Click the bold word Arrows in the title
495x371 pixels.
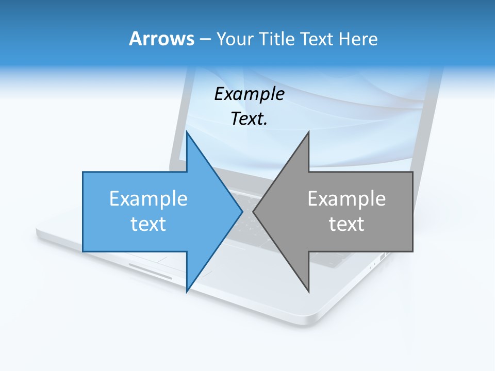pyautogui.click(x=161, y=39)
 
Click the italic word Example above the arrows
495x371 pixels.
pyautogui.click(x=249, y=94)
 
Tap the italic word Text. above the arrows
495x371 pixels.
pyautogui.click(x=249, y=119)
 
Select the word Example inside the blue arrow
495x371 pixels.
pyautogui.click(x=148, y=198)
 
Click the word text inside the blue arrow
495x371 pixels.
pyautogui.click(x=148, y=224)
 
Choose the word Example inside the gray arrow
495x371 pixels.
pyautogui.click(x=346, y=198)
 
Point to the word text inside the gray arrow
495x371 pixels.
pyautogui.click(x=346, y=224)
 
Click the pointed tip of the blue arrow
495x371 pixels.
pyautogui.click(x=242, y=211)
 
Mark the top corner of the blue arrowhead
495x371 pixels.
pyautogui.click(x=187, y=132)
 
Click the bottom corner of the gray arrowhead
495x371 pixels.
pyautogui.click(x=308, y=292)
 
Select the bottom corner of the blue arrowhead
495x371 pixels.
pyautogui.click(x=187, y=292)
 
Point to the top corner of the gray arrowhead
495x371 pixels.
pyautogui.click(x=308, y=132)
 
